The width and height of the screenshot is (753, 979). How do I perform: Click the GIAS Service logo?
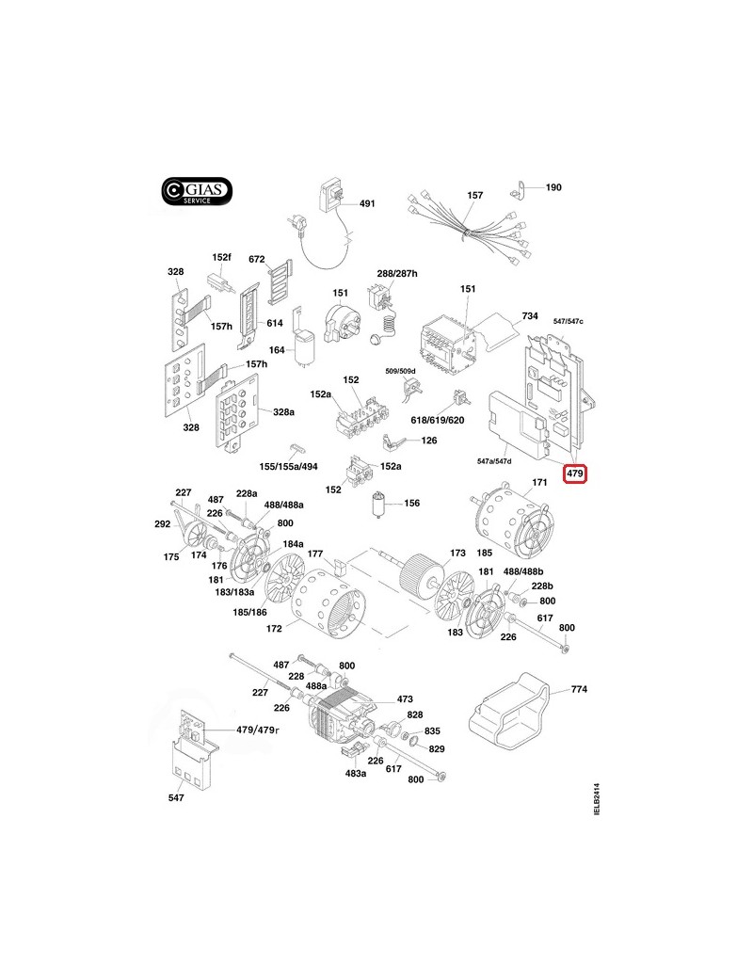click(194, 191)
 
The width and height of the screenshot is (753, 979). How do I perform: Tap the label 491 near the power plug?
click(366, 204)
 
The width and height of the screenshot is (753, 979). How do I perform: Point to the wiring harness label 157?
click(475, 196)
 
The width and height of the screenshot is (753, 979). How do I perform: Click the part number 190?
click(553, 187)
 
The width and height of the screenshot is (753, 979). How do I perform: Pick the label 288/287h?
click(397, 273)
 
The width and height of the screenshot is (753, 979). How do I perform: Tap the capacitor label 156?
click(411, 504)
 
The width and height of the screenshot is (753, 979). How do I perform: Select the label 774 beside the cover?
click(579, 690)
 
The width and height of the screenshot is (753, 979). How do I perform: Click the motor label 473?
click(405, 699)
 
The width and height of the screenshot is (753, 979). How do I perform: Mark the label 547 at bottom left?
click(176, 798)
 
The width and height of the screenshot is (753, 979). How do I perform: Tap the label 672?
click(257, 259)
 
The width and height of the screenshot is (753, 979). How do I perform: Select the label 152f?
click(221, 257)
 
